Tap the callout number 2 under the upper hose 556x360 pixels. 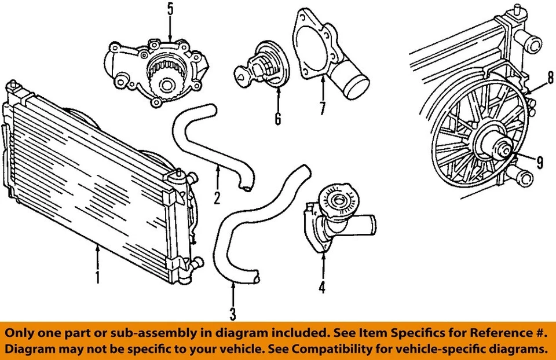[217, 198]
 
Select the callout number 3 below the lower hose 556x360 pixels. [233, 314]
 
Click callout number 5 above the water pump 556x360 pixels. [170, 9]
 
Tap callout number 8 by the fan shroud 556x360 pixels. [551, 77]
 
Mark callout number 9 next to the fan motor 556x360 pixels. [540, 163]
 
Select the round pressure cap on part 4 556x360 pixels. [338, 201]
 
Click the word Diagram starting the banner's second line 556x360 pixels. [32, 349]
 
